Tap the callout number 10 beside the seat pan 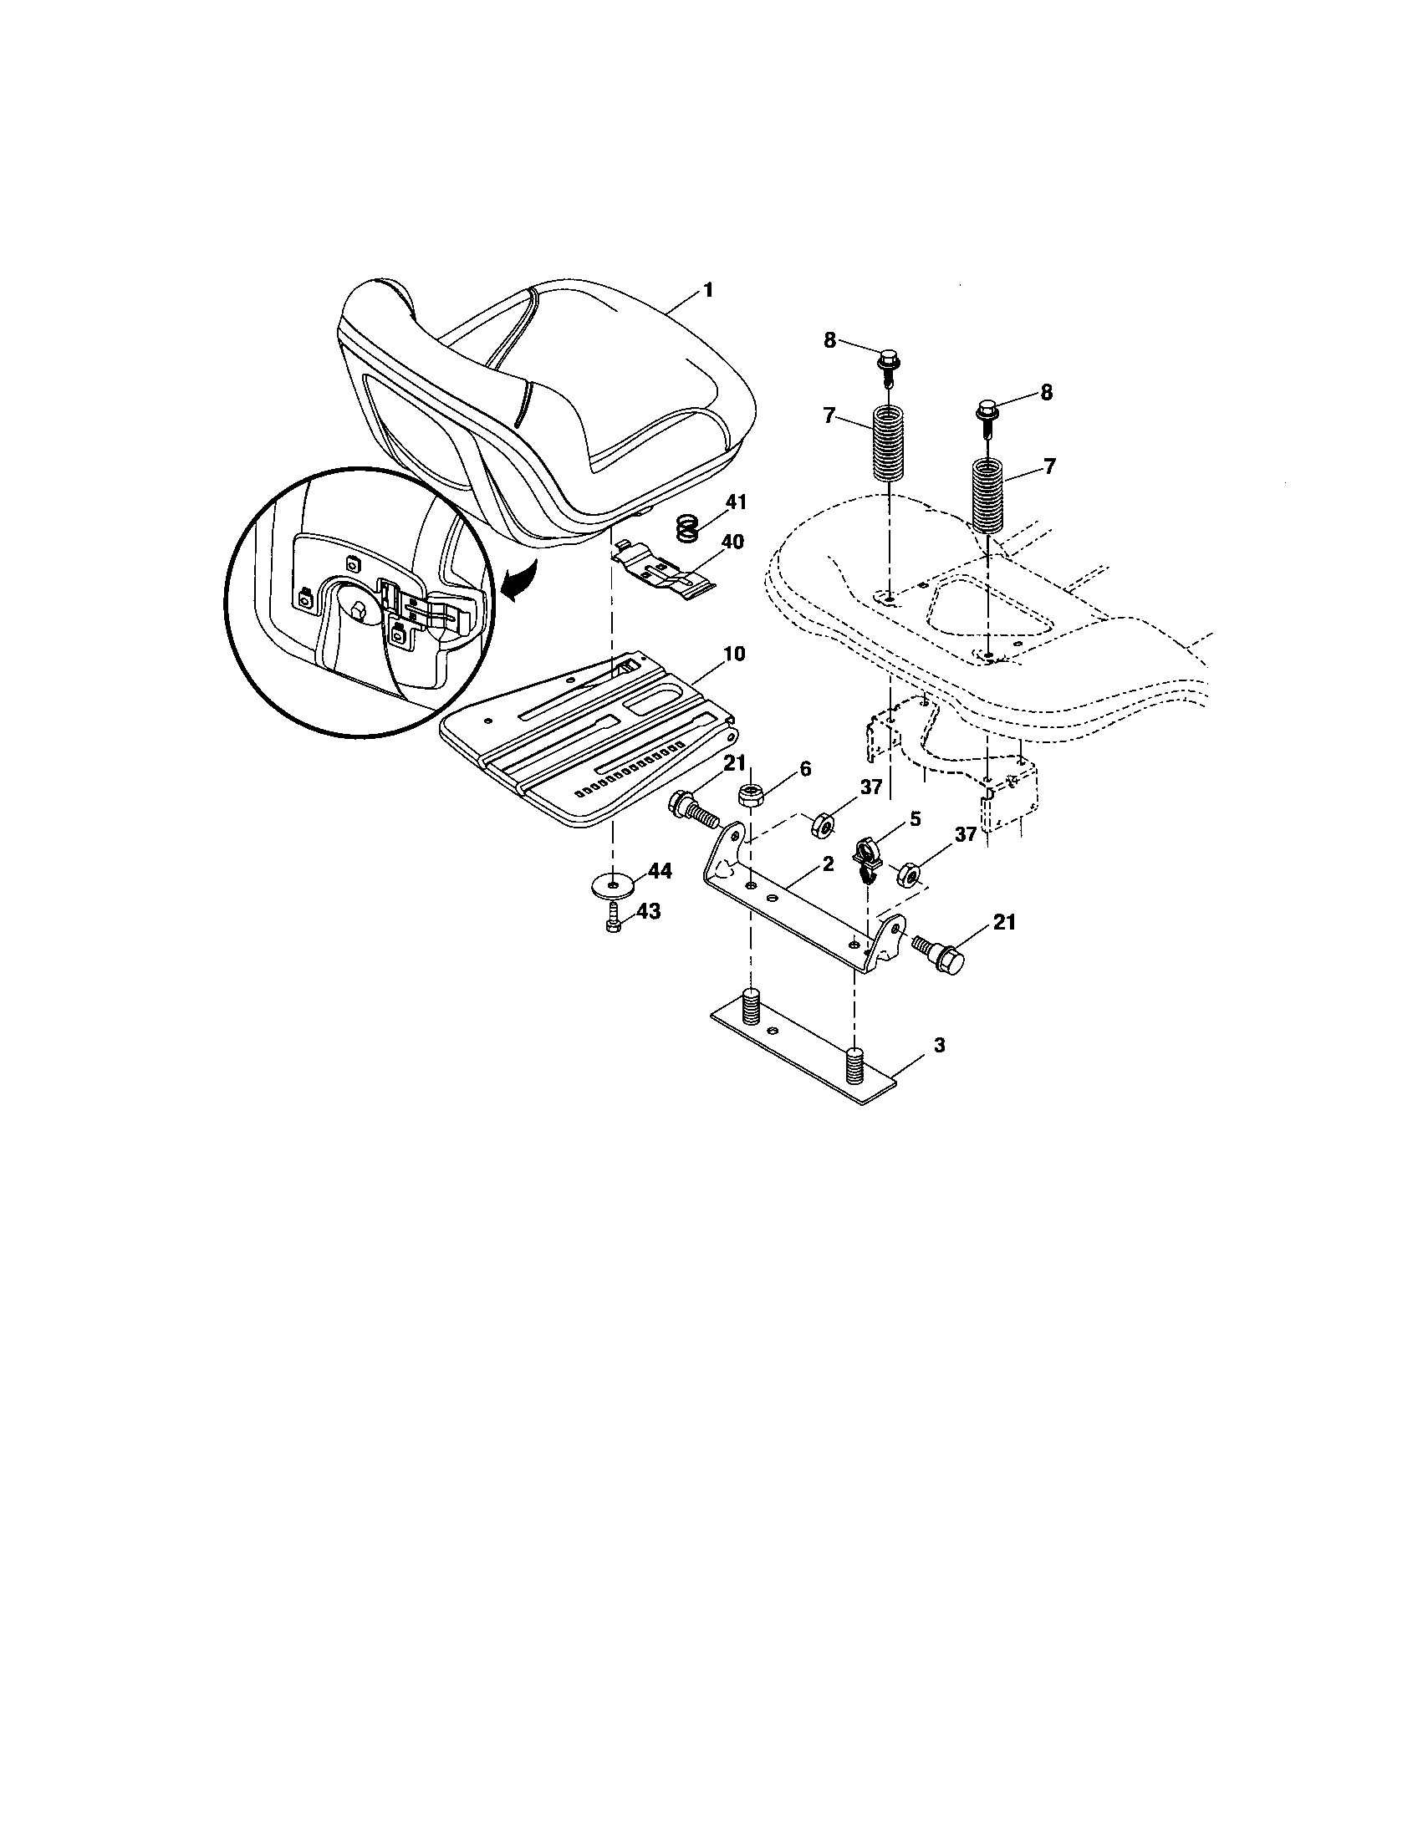coord(733,654)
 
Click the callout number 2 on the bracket coord(828,863)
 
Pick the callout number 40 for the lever coord(732,541)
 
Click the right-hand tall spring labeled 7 coord(990,495)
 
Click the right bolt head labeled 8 coord(987,413)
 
